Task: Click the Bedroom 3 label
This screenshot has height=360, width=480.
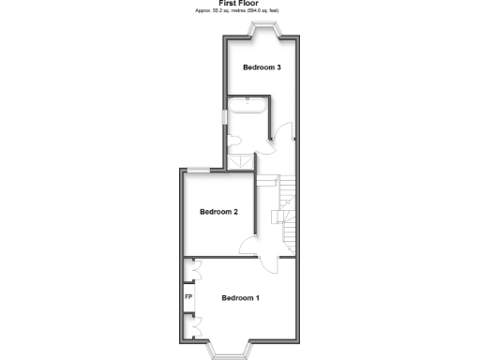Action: (262, 67)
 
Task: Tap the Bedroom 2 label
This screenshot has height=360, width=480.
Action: (218, 212)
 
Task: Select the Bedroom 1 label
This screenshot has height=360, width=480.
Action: (240, 298)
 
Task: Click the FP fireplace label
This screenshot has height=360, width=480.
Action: (188, 298)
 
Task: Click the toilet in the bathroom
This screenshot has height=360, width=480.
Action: (234, 141)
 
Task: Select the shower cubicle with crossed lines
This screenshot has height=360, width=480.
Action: (242, 161)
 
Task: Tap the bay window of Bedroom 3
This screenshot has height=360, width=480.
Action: (262, 29)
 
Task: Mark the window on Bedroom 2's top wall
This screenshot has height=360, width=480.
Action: (198, 169)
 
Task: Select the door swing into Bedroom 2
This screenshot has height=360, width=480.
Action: (250, 246)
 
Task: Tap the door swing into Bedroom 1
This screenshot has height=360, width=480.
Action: (269, 262)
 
